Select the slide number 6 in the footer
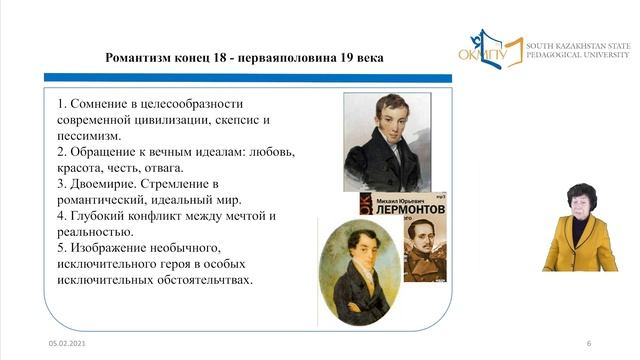pyautogui.click(x=589, y=343)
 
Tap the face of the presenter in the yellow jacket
pyautogui.click(x=580, y=197)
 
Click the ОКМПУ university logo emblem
pyautogui.click(x=490, y=48)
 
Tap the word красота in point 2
pyautogui.click(x=84, y=168)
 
